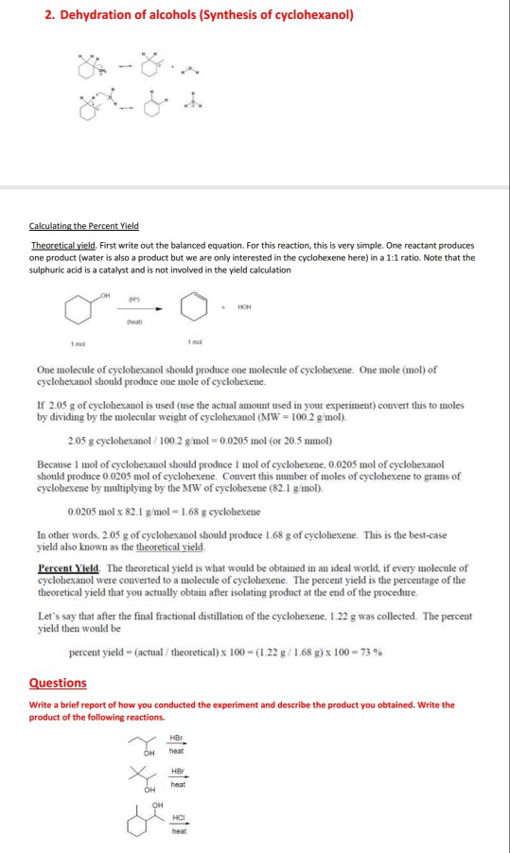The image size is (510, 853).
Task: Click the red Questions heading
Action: coord(58,682)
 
